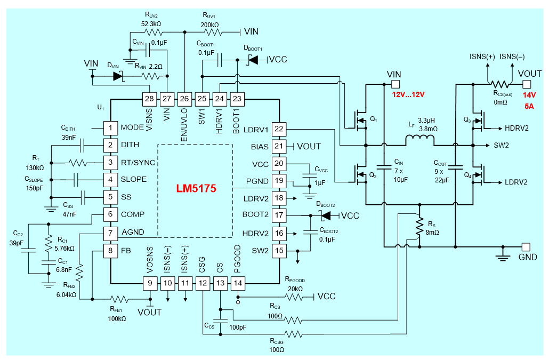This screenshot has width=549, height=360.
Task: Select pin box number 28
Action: tap(150, 98)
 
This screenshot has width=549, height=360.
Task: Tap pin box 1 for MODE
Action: tap(110, 127)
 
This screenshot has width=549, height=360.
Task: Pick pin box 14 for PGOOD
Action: tap(237, 284)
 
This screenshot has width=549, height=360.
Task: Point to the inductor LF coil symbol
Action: tap(419, 140)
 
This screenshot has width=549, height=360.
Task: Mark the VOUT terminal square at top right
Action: tap(526, 84)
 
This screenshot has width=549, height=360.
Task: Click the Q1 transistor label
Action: tap(373, 119)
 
